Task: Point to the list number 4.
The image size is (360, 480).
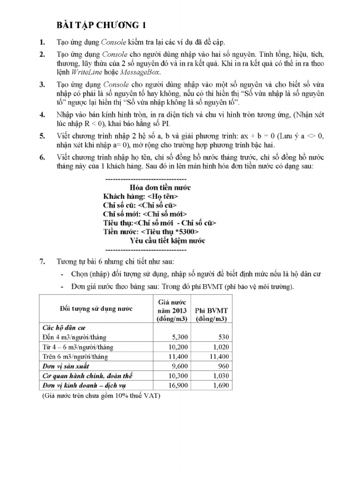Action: click(42, 114)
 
